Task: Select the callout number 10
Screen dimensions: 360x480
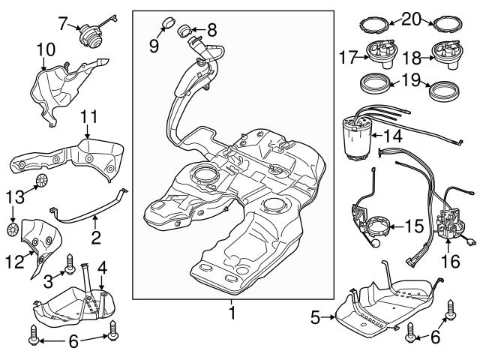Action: pos(45,49)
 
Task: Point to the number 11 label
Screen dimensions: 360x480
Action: pos(89,118)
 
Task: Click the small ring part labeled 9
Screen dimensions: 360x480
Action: pos(168,19)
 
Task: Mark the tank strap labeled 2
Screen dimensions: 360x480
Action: pos(90,208)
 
